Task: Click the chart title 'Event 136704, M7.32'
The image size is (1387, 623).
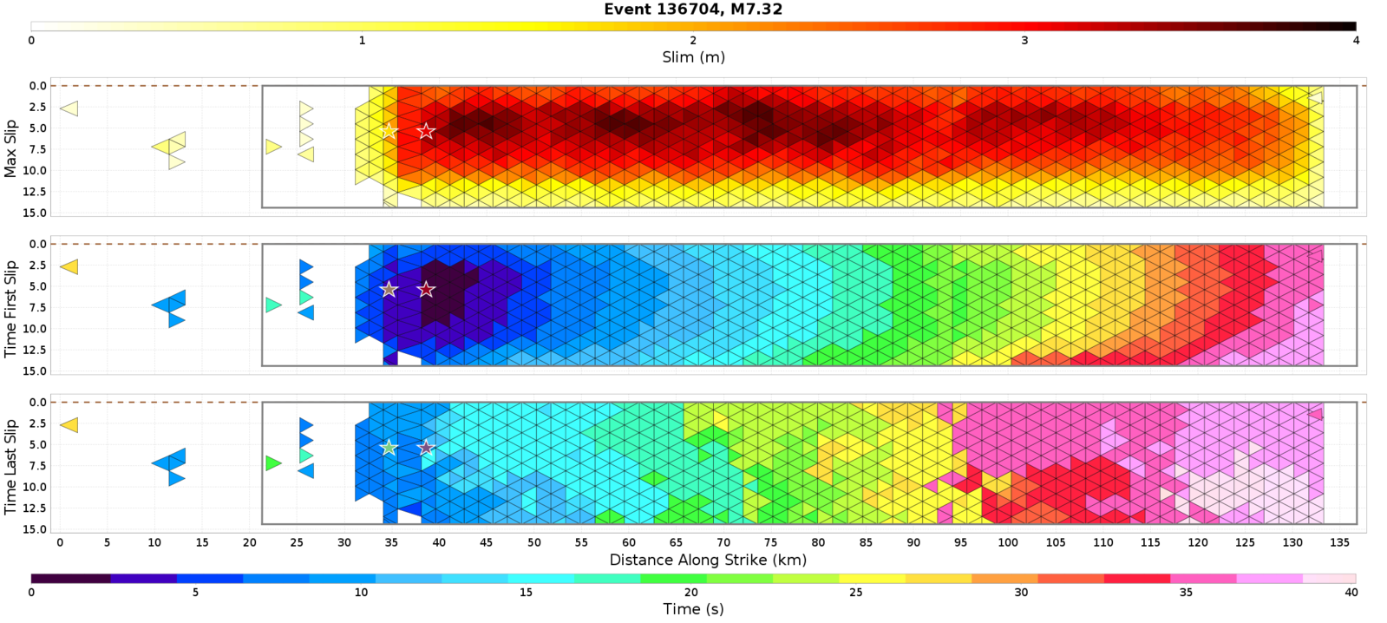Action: [x=693, y=10]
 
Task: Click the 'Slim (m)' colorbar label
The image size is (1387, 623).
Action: [x=693, y=57]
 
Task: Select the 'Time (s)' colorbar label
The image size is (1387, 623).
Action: [x=693, y=609]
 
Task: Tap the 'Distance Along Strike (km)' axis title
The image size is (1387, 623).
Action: [x=708, y=560]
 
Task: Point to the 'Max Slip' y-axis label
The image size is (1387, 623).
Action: [x=10, y=149]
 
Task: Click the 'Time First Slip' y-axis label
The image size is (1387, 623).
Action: [x=10, y=308]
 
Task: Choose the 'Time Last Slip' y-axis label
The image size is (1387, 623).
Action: [x=10, y=467]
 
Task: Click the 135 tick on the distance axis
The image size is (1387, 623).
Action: [x=1339, y=542]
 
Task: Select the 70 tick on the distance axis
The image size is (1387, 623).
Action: [x=723, y=542]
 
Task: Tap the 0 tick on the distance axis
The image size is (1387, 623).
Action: [x=60, y=542]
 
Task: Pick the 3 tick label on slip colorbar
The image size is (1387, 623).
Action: [x=1024, y=40]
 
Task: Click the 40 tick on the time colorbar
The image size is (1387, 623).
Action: [x=1351, y=593]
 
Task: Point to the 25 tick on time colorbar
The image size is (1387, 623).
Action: [x=856, y=593]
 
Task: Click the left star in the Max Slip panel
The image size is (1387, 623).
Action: [x=389, y=131]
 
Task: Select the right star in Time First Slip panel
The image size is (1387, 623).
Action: [x=426, y=289]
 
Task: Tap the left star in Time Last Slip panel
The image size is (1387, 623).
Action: [x=389, y=448]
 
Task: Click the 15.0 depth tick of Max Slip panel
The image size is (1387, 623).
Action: [x=37, y=213]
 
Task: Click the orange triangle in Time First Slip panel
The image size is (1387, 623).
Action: [x=69, y=266]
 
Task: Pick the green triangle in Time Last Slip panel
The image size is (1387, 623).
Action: [x=273, y=463]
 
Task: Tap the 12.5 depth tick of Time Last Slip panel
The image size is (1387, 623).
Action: [x=37, y=508]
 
